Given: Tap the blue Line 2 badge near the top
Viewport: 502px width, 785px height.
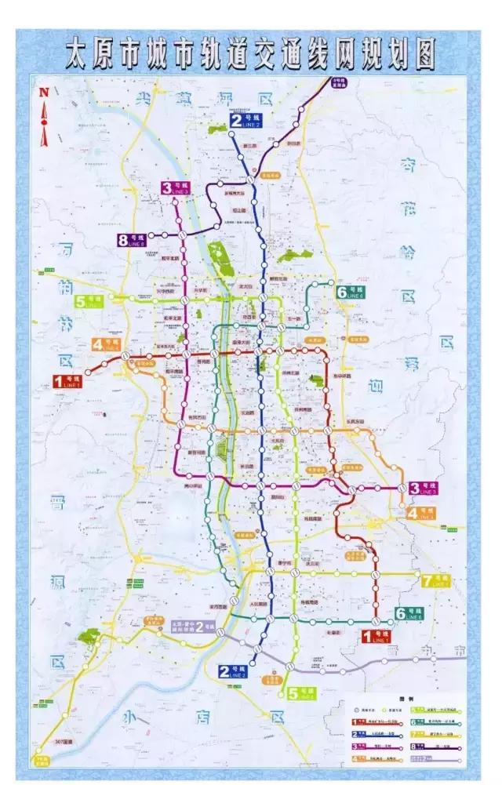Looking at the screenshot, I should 249,120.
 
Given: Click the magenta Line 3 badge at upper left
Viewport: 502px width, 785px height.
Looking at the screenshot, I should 177,187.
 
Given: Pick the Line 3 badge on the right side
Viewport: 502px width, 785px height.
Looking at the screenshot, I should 422,489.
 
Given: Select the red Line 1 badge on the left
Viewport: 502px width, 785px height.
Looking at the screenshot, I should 68,381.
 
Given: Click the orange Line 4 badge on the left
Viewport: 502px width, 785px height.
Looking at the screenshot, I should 106,344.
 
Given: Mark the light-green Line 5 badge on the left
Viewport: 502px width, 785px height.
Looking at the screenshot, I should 89,301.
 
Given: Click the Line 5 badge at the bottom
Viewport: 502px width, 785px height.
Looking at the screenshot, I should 302,692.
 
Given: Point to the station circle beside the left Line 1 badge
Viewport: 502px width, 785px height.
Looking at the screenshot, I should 87,373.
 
